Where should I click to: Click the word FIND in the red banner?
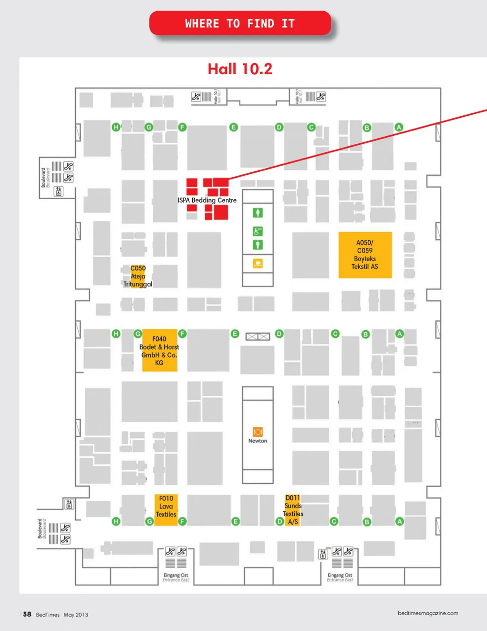pyautogui.click(x=260, y=23)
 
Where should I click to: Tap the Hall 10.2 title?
pyautogui.click(x=240, y=69)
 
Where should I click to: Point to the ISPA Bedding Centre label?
pyautogui.click(x=207, y=200)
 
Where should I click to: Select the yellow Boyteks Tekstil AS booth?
pyautogui.click(x=365, y=255)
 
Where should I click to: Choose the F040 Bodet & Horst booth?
pyautogui.click(x=159, y=351)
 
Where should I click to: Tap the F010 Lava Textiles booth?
pyautogui.click(x=166, y=507)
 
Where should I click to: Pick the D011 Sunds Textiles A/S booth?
pyautogui.click(x=293, y=510)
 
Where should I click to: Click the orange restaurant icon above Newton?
pyautogui.click(x=258, y=432)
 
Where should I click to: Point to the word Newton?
pyautogui.click(x=258, y=441)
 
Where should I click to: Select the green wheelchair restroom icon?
pyautogui.click(x=258, y=231)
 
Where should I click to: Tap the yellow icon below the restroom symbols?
pyautogui.click(x=258, y=263)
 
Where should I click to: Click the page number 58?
pyautogui.click(x=27, y=614)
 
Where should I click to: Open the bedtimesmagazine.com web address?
pyautogui.click(x=428, y=613)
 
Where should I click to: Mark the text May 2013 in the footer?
pyautogui.click(x=76, y=615)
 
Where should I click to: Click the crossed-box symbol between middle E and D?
pyautogui.click(x=258, y=336)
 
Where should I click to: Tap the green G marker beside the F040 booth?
pyautogui.click(x=137, y=334)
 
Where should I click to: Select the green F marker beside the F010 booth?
pyautogui.click(x=182, y=521)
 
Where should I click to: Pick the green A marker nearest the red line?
pyautogui.click(x=399, y=127)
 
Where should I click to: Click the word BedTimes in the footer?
pyautogui.click(x=48, y=615)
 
